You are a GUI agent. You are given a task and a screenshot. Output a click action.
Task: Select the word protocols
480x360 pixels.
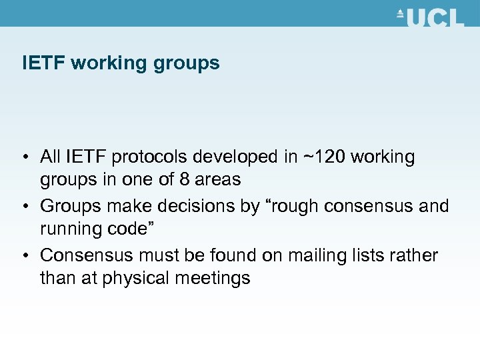tap(151, 157)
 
